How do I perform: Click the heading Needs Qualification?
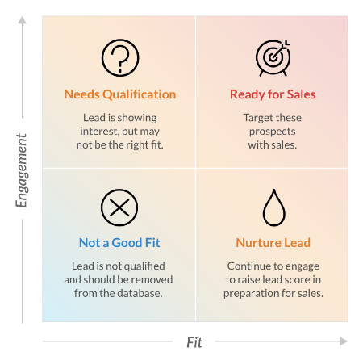[120, 94]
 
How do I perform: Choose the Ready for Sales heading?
[273, 94]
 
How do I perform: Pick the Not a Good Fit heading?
[119, 243]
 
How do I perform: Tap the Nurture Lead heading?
[273, 243]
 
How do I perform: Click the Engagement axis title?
[22, 170]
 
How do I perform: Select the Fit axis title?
[194, 342]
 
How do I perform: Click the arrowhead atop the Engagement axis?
[22, 20]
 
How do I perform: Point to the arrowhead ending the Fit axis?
[344, 341]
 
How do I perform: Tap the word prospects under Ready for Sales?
[273, 132]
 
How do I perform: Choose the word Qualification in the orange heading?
[140, 94]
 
